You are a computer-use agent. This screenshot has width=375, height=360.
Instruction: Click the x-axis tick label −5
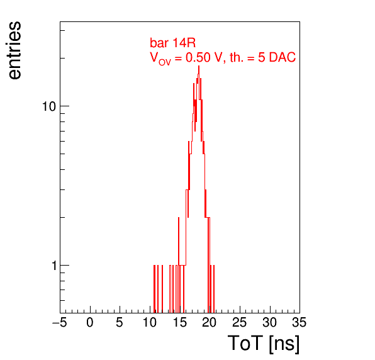60,322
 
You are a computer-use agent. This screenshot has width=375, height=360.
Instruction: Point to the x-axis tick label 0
90,322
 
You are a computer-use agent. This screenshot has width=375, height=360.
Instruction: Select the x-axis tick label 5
120,322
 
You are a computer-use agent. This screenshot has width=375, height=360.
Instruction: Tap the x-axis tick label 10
150,322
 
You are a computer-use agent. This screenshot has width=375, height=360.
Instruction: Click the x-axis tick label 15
179,322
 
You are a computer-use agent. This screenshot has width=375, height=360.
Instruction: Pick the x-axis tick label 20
210,322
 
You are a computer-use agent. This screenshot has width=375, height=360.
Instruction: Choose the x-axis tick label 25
239,322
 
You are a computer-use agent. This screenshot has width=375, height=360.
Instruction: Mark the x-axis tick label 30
269,322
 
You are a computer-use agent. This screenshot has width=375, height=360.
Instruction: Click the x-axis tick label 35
299,322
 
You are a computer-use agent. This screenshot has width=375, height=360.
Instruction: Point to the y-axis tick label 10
49,106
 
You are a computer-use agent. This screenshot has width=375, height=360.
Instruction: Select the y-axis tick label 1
54,266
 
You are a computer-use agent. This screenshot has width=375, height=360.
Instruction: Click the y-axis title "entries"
14,50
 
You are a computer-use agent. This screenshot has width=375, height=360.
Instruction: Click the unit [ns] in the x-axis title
284,344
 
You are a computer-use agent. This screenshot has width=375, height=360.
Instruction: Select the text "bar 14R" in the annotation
172,43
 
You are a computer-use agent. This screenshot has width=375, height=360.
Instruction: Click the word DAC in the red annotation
283,57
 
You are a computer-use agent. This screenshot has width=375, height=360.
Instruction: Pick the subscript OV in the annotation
165,62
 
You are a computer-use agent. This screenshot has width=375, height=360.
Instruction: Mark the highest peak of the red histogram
199,66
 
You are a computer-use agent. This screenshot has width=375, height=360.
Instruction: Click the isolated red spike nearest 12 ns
162,288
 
